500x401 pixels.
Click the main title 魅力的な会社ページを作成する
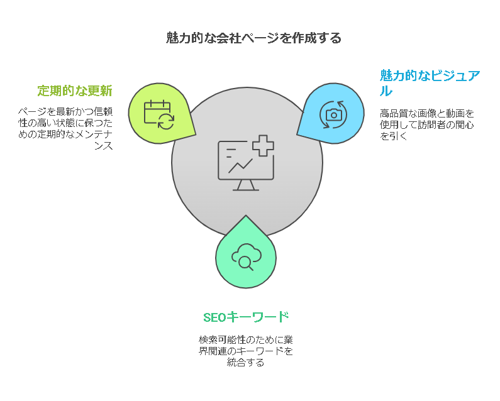pos(253,38)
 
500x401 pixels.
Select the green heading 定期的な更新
pos(75,91)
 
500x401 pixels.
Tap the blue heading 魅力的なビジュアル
pos(430,83)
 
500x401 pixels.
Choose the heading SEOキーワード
pos(246,317)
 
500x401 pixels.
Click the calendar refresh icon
pos(159,114)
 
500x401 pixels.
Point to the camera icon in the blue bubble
pos(333,115)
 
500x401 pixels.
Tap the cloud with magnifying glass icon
pos(246,257)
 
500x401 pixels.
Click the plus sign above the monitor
pos(263,146)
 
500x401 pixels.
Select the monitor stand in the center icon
pos(246,185)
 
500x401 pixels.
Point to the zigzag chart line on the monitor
pos(240,166)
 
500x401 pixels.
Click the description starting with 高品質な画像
pos(426,124)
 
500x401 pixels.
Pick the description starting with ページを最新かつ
pos(65,128)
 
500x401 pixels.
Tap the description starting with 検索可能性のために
pos(245,351)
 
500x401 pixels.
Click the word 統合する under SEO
pos(245,363)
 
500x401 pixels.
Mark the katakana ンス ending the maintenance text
pos(103,146)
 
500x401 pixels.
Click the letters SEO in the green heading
pos(214,317)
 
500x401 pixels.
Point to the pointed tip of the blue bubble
pos(297,135)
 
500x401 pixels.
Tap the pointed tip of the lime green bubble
pos(196,135)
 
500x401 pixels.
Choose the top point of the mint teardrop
pos(246,216)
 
